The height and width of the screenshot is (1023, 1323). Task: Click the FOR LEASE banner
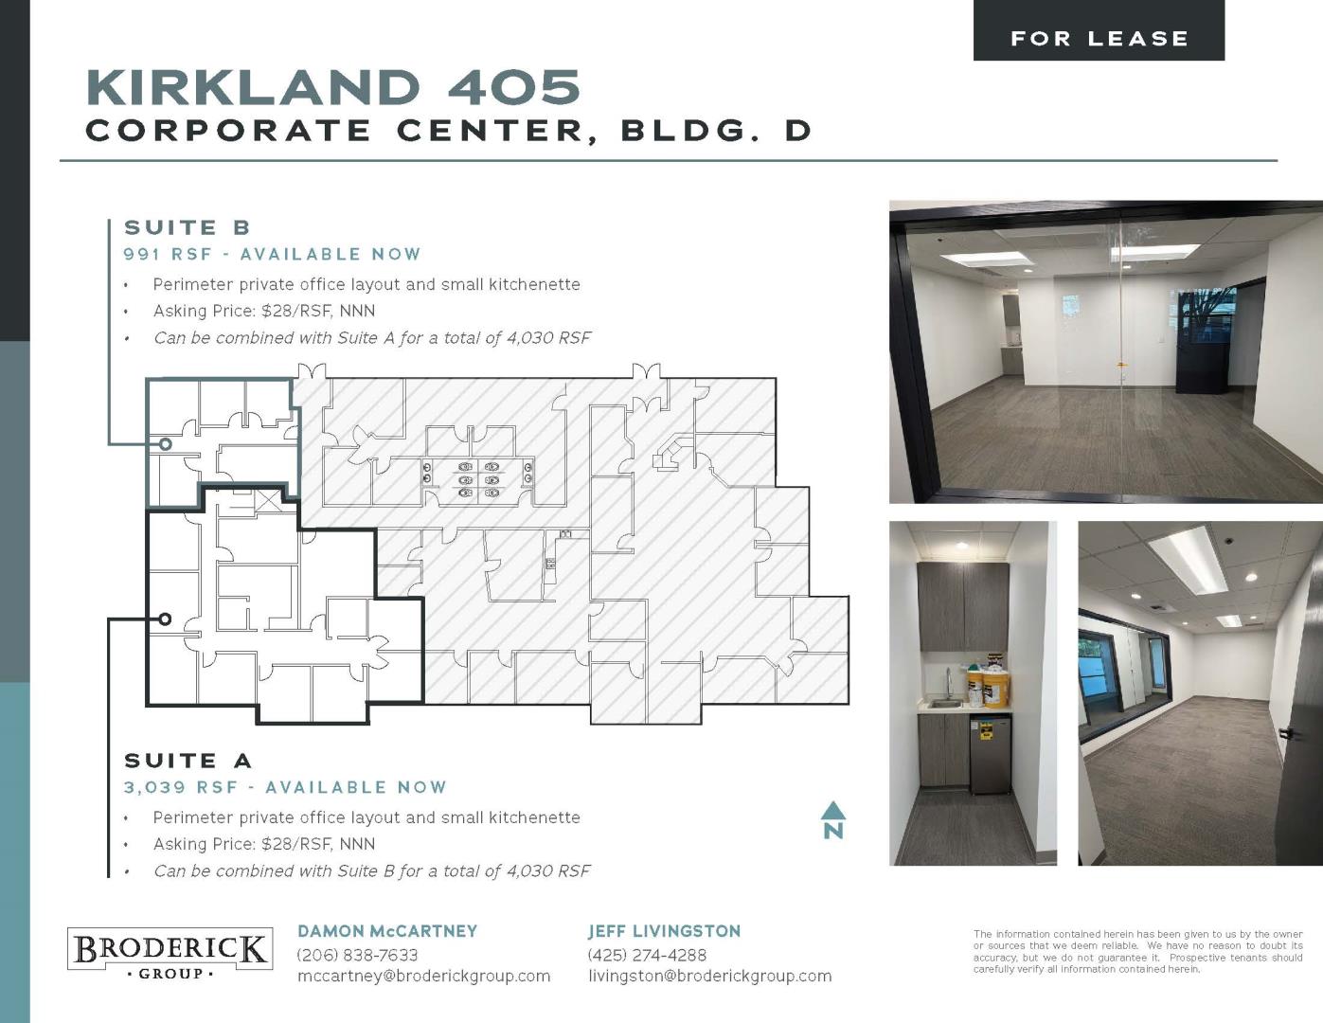click(x=1099, y=30)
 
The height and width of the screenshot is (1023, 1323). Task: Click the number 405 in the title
click(x=514, y=87)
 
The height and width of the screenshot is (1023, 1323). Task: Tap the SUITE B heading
click(x=188, y=227)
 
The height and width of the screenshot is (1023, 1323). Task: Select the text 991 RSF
click(x=168, y=254)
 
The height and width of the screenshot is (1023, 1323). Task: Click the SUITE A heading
click(x=188, y=761)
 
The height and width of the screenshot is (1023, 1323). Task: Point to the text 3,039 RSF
click(x=180, y=787)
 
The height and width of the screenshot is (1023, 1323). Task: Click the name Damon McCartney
click(x=387, y=931)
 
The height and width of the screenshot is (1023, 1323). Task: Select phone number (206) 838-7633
click(x=357, y=955)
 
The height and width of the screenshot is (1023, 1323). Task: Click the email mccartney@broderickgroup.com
click(x=423, y=976)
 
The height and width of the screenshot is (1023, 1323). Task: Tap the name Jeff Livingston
click(x=664, y=931)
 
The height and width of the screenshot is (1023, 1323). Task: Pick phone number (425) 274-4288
click(x=647, y=955)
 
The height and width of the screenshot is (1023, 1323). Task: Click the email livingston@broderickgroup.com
click(x=710, y=976)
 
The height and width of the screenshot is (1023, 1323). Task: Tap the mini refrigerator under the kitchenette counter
click(x=990, y=754)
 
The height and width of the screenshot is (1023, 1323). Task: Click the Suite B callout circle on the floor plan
click(x=165, y=444)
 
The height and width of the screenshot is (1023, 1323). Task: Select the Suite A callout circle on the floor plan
click(x=165, y=619)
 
